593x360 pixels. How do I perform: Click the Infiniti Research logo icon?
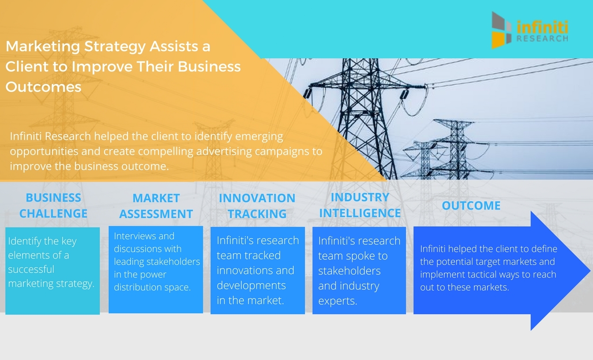(502, 30)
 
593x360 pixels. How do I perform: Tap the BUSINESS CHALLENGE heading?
(53, 206)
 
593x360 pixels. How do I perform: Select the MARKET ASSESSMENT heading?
(156, 206)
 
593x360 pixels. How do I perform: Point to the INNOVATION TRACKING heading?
(257, 206)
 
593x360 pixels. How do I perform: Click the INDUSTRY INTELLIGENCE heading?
(360, 205)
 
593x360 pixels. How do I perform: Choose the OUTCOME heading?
(471, 206)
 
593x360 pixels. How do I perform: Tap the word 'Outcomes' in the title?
(43, 87)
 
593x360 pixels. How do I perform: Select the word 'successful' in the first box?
(31, 269)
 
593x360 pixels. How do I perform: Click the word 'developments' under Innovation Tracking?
(251, 285)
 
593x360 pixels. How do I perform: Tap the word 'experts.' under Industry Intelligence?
(338, 301)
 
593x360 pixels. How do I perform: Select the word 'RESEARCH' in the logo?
(542, 39)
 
